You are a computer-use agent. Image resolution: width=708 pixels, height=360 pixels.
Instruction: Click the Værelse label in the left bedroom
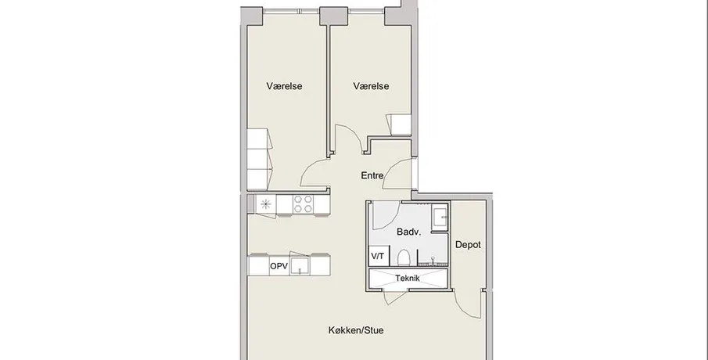click(284, 86)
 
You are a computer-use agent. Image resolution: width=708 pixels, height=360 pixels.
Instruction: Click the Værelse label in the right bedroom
click(371, 86)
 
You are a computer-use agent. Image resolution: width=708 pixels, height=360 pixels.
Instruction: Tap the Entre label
click(372, 176)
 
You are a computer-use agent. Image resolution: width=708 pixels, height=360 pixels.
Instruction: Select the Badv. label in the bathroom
click(408, 232)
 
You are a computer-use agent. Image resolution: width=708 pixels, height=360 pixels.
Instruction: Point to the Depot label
click(468, 245)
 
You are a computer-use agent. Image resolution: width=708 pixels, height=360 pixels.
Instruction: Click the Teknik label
click(408, 279)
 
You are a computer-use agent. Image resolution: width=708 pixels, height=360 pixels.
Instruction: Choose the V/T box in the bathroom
click(379, 256)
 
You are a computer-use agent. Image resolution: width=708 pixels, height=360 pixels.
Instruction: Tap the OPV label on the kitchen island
click(279, 267)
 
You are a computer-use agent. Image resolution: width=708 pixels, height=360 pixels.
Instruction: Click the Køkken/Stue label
click(356, 330)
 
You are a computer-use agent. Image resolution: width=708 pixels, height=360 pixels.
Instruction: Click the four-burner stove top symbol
click(303, 203)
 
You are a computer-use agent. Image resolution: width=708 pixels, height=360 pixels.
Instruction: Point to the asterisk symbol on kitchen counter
click(265, 204)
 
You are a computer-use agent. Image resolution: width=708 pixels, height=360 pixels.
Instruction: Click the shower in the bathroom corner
click(439, 218)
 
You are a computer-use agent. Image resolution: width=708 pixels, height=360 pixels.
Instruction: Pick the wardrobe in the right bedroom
click(398, 124)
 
